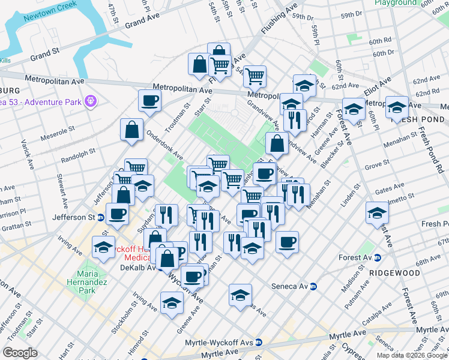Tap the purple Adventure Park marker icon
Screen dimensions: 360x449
pos(91,101)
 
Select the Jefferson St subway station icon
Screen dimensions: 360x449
pos(101,217)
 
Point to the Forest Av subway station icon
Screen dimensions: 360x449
pos(378,258)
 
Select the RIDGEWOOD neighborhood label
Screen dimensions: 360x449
pos(394,272)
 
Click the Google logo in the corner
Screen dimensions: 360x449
pos(20,353)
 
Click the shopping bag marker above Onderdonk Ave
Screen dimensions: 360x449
pos(131,129)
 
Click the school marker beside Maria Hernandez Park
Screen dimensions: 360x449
pos(103,247)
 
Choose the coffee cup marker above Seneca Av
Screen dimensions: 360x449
pos(288,242)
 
